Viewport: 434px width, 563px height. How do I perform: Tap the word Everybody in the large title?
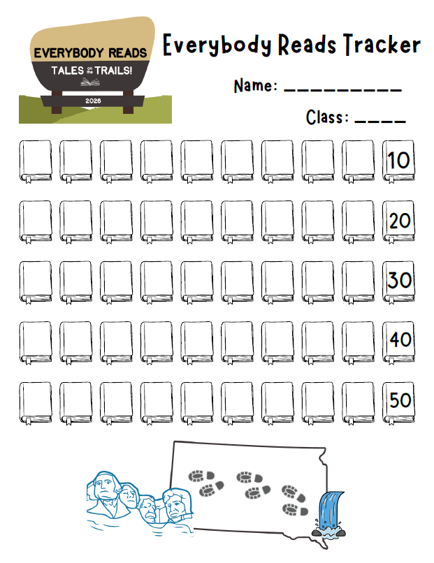tap(217, 45)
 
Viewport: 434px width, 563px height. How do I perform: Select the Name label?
tap(256, 85)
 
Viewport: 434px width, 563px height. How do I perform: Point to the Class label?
tap(327, 117)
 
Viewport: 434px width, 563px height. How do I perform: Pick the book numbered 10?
tap(398, 161)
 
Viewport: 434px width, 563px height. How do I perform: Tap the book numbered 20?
tap(398, 221)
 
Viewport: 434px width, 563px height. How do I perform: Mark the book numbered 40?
tap(398, 342)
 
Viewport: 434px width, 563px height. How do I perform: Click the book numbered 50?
tap(398, 402)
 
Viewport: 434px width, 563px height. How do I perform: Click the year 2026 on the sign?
tap(93, 101)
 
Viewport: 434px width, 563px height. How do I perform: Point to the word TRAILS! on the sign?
tap(113, 71)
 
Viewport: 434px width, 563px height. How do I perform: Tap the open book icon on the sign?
tap(90, 82)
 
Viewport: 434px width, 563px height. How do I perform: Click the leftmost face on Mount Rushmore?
tap(106, 487)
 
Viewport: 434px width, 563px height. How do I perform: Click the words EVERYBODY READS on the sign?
tap(91, 53)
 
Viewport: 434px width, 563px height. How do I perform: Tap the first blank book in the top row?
tap(35, 161)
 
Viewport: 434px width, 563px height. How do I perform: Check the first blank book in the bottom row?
tap(35, 402)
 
